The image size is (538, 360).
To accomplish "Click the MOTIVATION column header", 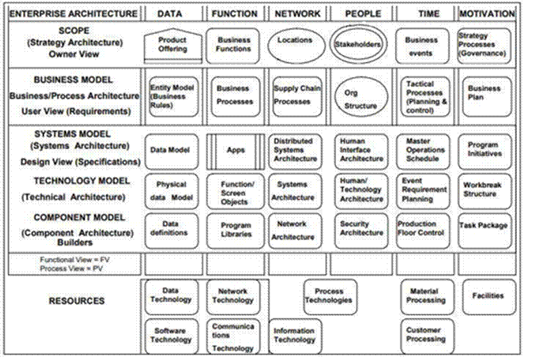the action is [x=487, y=14].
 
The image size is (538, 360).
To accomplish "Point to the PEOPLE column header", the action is [x=363, y=14].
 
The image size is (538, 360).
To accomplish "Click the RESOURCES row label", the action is [x=76, y=301].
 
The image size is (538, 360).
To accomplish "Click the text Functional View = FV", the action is [x=74, y=259].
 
